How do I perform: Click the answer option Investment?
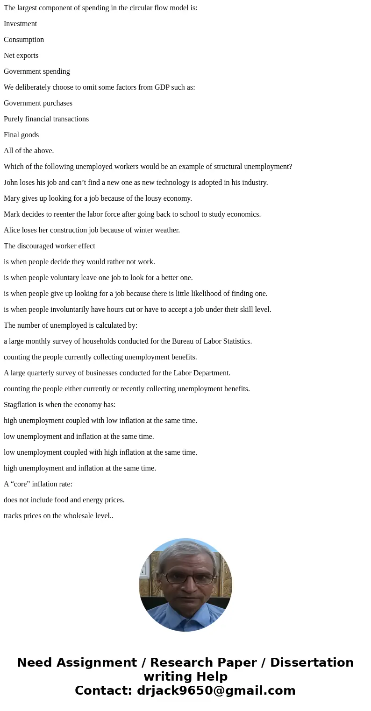(x=20, y=24)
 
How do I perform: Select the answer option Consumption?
(x=24, y=40)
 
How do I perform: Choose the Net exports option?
(x=21, y=56)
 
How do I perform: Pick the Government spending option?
(x=37, y=71)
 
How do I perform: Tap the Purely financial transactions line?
(x=46, y=119)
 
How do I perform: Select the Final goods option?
(x=21, y=135)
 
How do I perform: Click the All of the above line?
(x=29, y=151)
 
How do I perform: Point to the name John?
(x=11, y=183)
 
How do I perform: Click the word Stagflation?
(x=21, y=405)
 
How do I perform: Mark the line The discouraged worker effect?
(x=50, y=246)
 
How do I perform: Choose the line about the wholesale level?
(x=58, y=516)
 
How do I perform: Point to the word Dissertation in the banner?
(x=312, y=662)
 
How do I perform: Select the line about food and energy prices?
(x=64, y=500)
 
